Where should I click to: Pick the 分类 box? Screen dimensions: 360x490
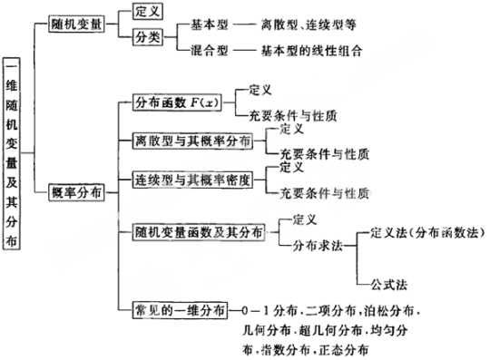[146, 39]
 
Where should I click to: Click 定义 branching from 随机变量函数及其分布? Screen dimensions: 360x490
[306, 220]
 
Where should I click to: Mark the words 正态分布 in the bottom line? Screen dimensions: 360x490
[345, 350]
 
